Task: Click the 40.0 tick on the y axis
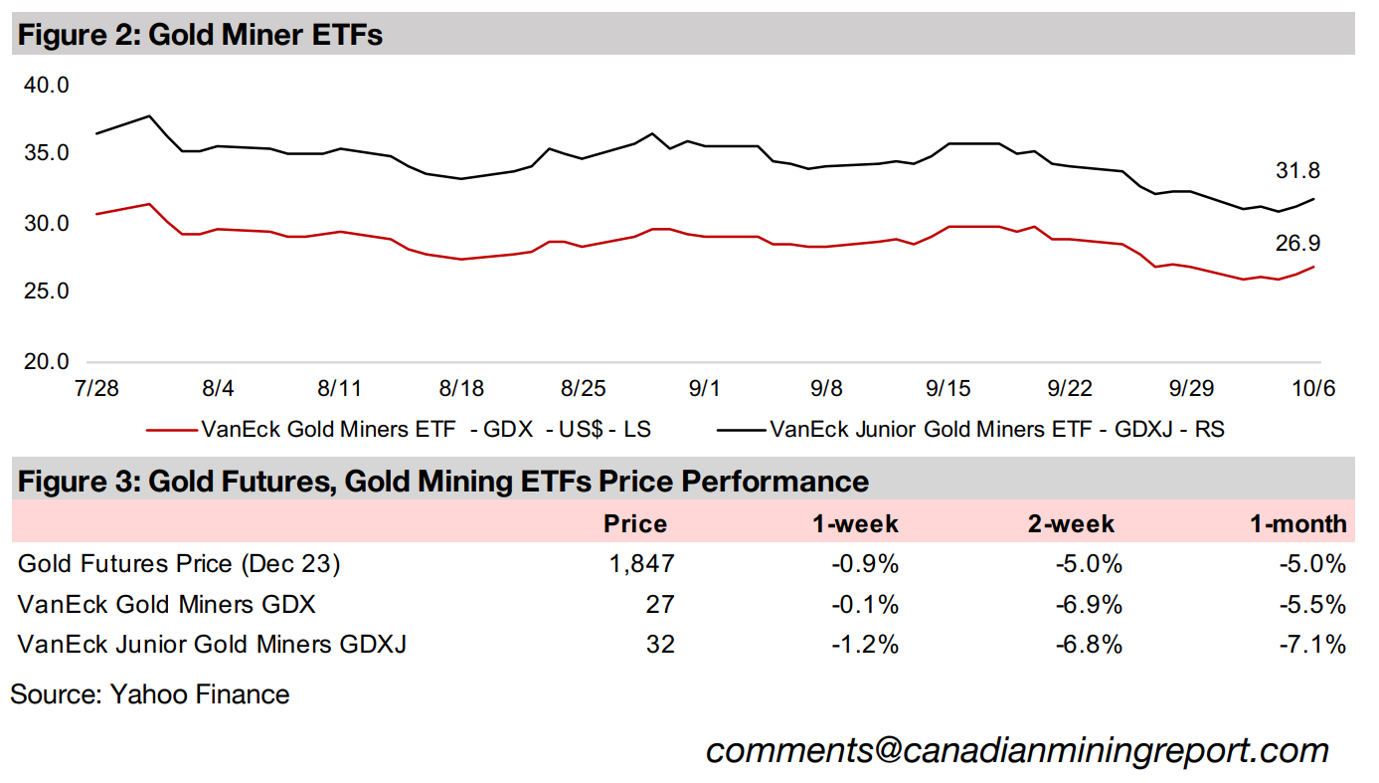tap(48, 86)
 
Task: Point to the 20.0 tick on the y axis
tap(48, 362)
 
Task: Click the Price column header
tap(636, 523)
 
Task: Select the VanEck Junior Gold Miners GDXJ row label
tap(212, 644)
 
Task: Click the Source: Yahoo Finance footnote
tap(149, 693)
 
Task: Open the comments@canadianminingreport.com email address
tap(1017, 750)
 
